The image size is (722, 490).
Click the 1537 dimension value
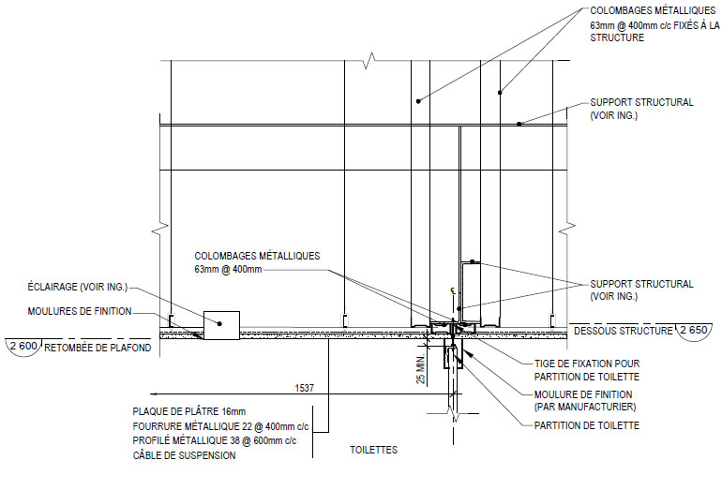[305, 388]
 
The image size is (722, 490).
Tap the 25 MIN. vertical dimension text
[421, 369]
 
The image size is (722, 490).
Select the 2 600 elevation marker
[23, 346]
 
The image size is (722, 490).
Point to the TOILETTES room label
[373, 450]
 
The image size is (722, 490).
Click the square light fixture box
[221, 325]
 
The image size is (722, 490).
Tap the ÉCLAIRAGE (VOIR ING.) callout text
[77, 287]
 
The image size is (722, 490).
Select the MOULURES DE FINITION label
[80, 311]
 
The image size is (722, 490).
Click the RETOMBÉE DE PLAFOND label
[98, 348]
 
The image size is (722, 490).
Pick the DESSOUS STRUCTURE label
[623, 331]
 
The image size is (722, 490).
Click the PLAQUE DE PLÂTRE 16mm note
[189, 411]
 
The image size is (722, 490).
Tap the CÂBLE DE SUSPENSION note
[184, 455]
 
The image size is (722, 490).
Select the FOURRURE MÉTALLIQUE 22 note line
[220, 426]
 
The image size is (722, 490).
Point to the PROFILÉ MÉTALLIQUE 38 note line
[215, 440]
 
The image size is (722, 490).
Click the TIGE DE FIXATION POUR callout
[587, 364]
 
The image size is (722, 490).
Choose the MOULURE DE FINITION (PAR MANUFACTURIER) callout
[585, 400]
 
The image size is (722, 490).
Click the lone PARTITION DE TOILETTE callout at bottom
[587, 425]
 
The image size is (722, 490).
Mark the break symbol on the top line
[369, 60]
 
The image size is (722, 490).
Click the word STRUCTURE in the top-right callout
[617, 37]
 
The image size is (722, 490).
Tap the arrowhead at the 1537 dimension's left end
[155, 393]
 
